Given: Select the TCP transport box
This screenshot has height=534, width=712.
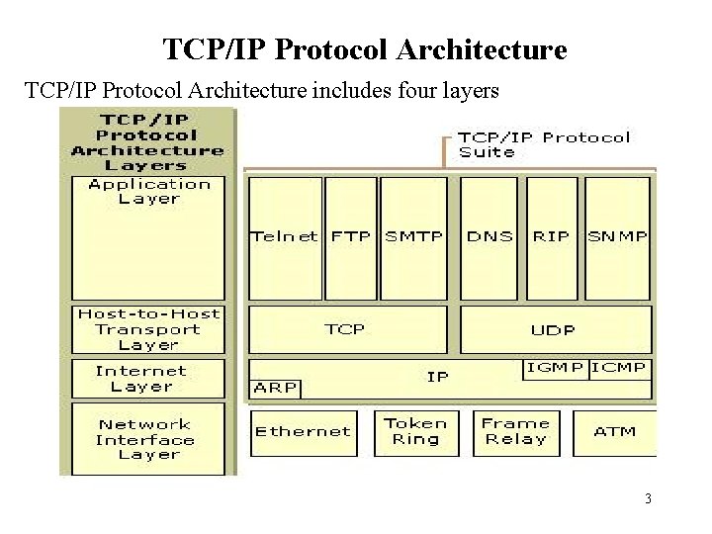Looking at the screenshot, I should coord(345,329).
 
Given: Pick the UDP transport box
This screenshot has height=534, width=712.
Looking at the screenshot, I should coord(554,329).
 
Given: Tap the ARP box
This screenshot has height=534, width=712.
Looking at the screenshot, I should coord(276,388).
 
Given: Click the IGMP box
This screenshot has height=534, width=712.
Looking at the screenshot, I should coord(554,368).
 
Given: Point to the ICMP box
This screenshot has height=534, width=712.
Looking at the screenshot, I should coord(620,368).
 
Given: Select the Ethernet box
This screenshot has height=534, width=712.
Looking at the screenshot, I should coord(303,431).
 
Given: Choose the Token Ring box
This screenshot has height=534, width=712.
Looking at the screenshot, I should coord(415,431).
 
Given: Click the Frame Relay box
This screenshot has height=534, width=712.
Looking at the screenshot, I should coord(514,431).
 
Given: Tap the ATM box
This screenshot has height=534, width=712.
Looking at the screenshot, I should coord(615,431).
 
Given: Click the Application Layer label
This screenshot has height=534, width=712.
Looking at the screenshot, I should coord(149,191).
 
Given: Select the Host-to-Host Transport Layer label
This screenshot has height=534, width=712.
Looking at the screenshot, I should coord(149,329).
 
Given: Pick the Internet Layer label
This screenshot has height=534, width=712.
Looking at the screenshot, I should coord(148,379).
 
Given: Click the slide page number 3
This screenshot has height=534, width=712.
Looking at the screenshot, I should coord(648,499).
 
